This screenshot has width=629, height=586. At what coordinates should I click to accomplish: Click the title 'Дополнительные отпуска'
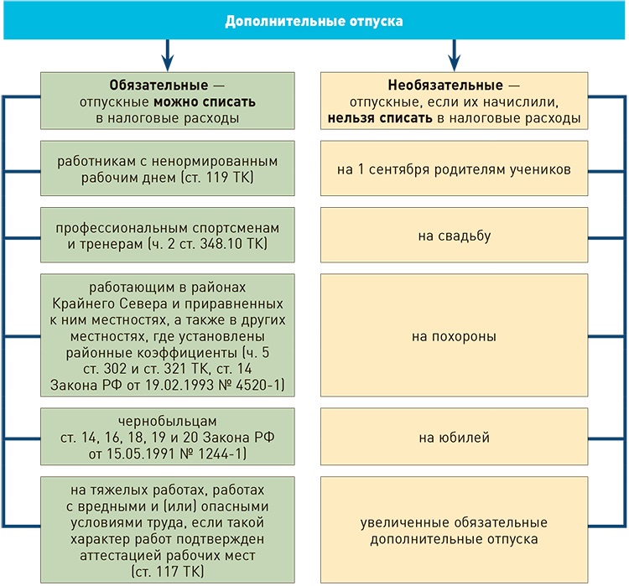point(314,20)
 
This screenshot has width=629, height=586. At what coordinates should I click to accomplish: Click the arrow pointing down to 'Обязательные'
point(168,55)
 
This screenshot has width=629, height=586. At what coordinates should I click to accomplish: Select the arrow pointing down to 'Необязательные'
point(455,55)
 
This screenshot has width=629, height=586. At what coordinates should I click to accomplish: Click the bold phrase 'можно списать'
point(204,102)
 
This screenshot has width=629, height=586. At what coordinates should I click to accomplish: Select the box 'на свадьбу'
point(454,236)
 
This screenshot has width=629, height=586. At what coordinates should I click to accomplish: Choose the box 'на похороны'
point(454,337)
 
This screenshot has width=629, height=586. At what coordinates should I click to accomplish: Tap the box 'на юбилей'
point(454,438)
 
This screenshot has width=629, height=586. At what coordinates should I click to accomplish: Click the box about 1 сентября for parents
point(454,169)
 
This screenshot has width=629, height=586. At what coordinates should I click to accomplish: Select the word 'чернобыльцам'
point(167,423)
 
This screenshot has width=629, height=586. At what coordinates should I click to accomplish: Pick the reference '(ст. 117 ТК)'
point(168,572)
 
